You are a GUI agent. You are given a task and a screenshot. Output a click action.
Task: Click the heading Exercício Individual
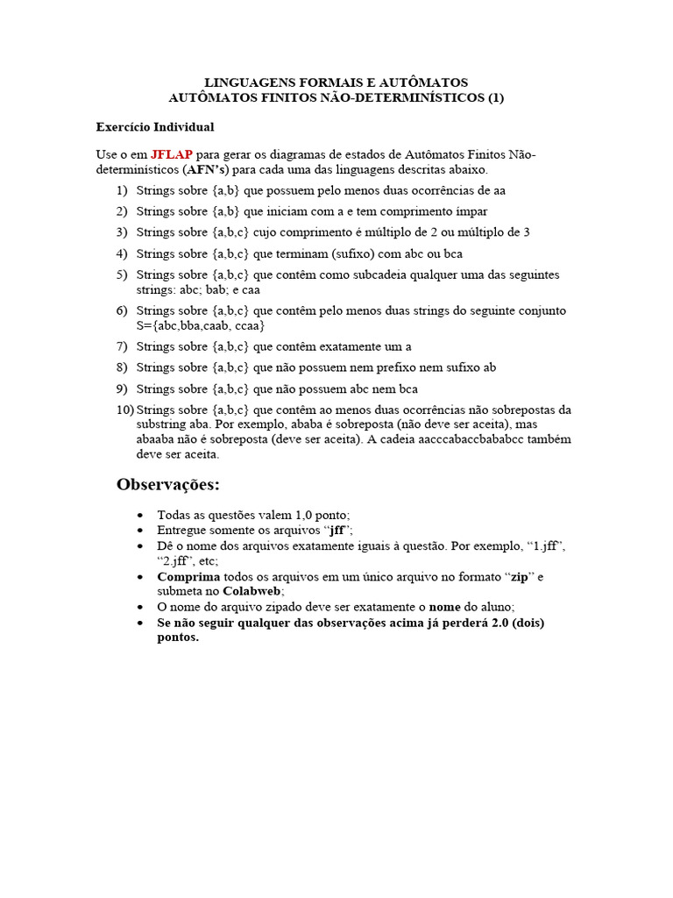(x=154, y=127)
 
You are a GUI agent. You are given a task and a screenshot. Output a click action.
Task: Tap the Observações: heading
(x=168, y=485)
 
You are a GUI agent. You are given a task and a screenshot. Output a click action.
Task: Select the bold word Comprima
(x=188, y=577)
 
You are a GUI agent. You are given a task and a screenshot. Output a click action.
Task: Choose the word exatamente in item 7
(x=349, y=346)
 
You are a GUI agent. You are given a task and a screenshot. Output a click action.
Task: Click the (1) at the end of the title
(x=496, y=97)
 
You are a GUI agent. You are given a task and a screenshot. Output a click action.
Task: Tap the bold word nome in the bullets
(x=444, y=607)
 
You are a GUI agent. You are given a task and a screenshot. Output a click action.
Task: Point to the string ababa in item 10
(x=309, y=424)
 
